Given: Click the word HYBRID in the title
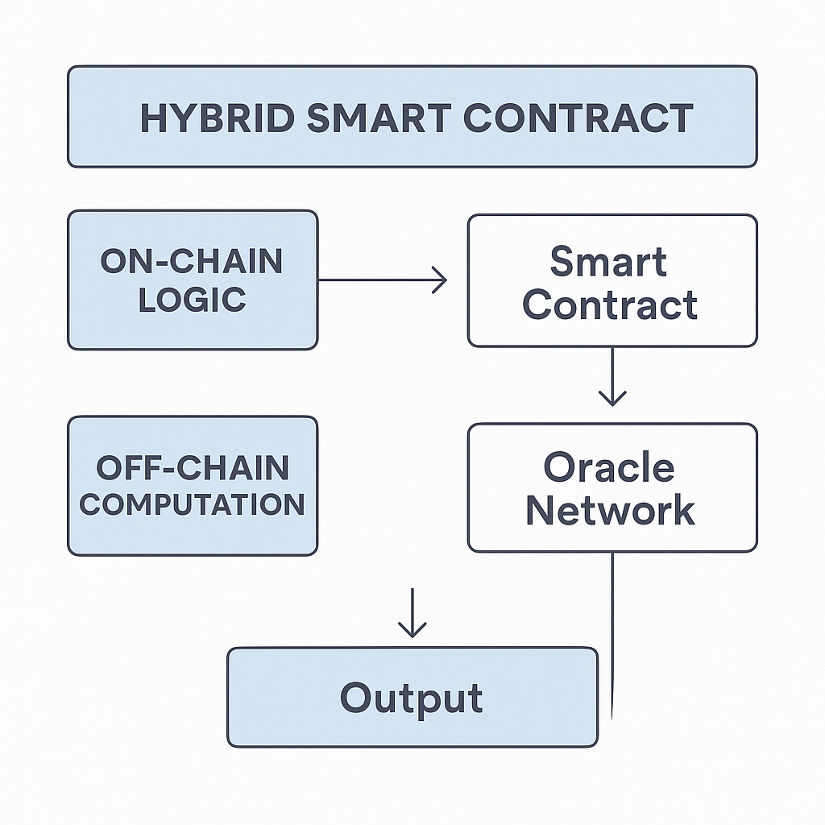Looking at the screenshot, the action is pyautogui.click(x=218, y=118).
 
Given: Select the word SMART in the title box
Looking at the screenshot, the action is pyautogui.click(x=379, y=118).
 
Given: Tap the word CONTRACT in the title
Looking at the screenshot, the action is pyautogui.click(x=578, y=118).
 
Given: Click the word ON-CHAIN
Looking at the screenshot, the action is pyautogui.click(x=192, y=261).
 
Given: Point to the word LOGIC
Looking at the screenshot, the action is pyautogui.click(x=192, y=300).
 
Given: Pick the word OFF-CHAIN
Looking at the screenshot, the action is pyautogui.click(x=193, y=467).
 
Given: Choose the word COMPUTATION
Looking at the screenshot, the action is pyautogui.click(x=192, y=504).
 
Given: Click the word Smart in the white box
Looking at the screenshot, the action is pyautogui.click(x=609, y=261).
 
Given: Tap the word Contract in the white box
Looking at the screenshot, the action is pyautogui.click(x=610, y=305).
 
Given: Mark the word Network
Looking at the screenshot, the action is pyautogui.click(x=611, y=510).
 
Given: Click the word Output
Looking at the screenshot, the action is pyautogui.click(x=411, y=699).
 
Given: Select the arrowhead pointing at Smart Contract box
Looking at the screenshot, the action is pyautogui.click(x=440, y=280).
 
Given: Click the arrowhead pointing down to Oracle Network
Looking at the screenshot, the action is pyautogui.click(x=612, y=398).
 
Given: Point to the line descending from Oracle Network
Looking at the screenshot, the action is pyautogui.click(x=612, y=636).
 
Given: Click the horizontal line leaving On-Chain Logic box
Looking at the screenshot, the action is pyautogui.click(x=383, y=280).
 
